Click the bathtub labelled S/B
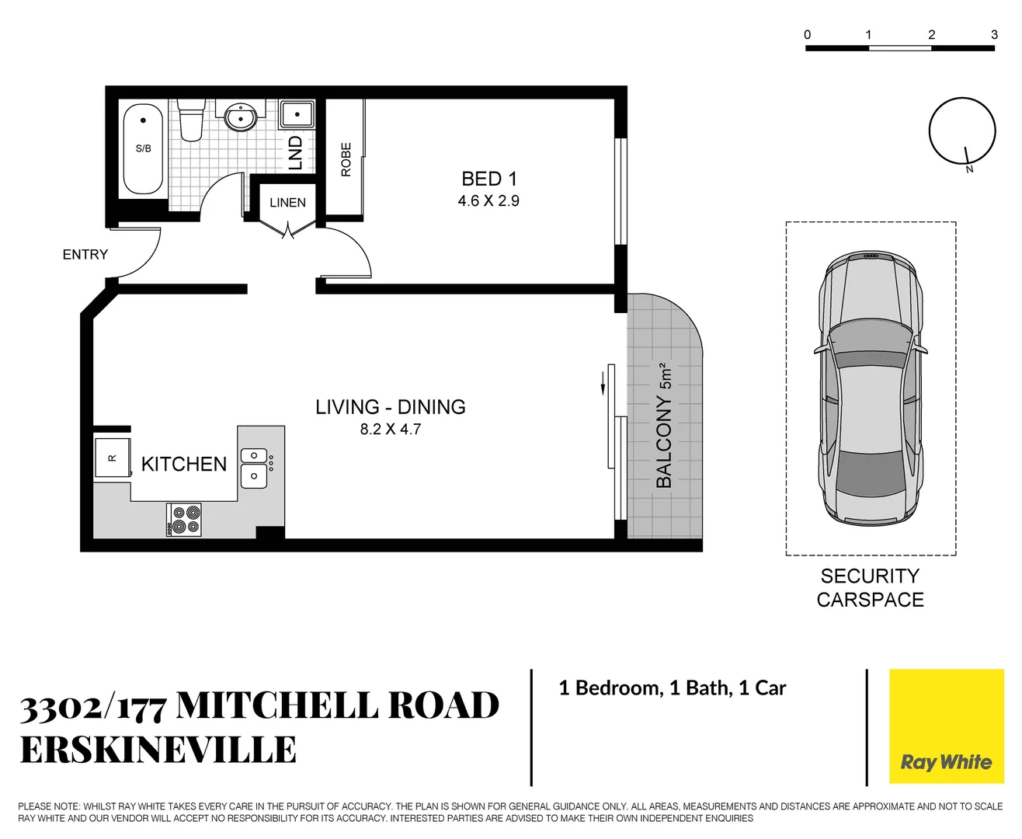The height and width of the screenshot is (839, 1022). pos(143,148)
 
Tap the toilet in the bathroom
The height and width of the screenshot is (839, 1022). pos(190,120)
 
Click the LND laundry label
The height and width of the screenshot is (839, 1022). pos(295,152)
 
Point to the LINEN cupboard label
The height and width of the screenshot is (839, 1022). pos(287,203)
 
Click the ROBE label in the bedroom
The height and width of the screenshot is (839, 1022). pos(346,159)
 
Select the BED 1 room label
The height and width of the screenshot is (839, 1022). pos(488,179)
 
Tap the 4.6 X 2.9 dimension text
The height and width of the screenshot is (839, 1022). pos(488,201)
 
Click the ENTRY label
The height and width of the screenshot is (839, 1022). pos(85,255)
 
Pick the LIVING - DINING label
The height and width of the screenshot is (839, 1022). pos(390,407)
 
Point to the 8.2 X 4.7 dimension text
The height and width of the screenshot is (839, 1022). pos(390,430)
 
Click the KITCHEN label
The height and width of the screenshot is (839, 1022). pos(184,465)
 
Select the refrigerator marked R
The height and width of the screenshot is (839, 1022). pos(112,458)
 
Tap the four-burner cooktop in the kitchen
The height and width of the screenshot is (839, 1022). pos(185,520)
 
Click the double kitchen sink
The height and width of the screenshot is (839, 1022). pos(254,467)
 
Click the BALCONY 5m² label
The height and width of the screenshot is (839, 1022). pos(664,426)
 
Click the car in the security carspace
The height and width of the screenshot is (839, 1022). pos(871,388)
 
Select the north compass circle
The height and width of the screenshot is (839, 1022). pos(961,131)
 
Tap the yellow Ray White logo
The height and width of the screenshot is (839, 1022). pos(946,726)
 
